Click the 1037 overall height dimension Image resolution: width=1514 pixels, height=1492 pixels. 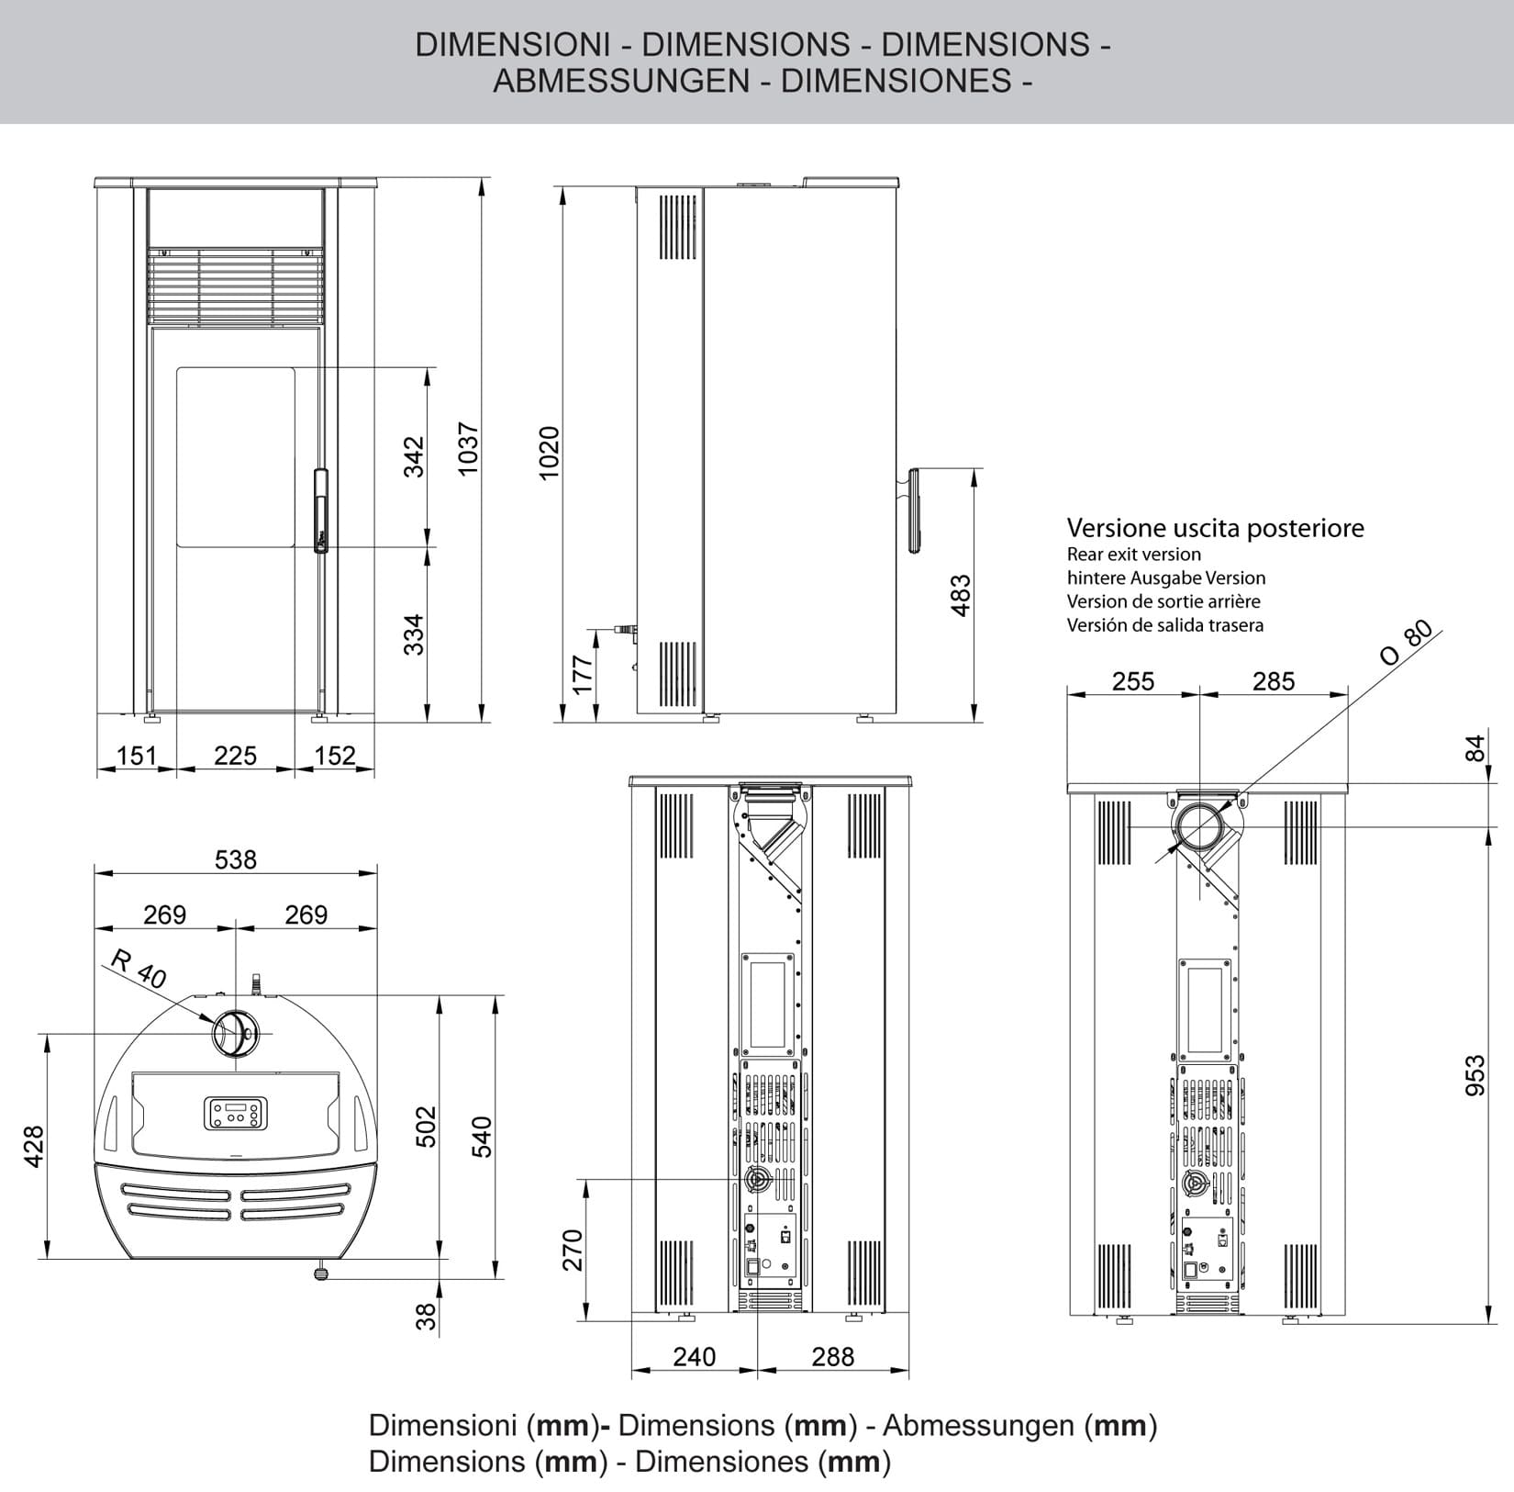pyautogui.click(x=468, y=449)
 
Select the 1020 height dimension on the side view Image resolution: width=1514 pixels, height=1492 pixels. pyautogui.click(x=549, y=453)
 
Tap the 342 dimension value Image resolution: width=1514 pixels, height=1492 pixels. pyautogui.click(x=415, y=456)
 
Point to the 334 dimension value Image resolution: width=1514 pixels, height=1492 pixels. pyautogui.click(x=415, y=634)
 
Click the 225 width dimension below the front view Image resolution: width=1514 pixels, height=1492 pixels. pyautogui.click(x=235, y=756)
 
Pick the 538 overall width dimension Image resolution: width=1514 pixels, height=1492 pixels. pyautogui.click(x=236, y=859)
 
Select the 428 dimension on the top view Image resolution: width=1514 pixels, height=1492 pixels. pyautogui.click(x=34, y=1146)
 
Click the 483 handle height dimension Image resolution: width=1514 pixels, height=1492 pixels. pyautogui.click(x=960, y=595)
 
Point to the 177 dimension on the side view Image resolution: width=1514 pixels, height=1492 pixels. pyautogui.click(x=582, y=675)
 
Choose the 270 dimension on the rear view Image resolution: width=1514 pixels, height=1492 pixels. pyautogui.click(x=573, y=1250)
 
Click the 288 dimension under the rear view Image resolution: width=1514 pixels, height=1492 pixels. pyautogui.click(x=832, y=1356)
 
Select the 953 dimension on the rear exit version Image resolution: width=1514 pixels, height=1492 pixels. pyautogui.click(x=1474, y=1075)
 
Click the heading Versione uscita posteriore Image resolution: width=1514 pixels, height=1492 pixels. pyautogui.click(x=1214, y=528)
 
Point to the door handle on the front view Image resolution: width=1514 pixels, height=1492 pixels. pyautogui.click(x=320, y=510)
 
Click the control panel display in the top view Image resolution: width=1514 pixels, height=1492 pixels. pyautogui.click(x=236, y=1113)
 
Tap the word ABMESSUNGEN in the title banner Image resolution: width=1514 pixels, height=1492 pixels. pyautogui.click(x=621, y=81)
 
